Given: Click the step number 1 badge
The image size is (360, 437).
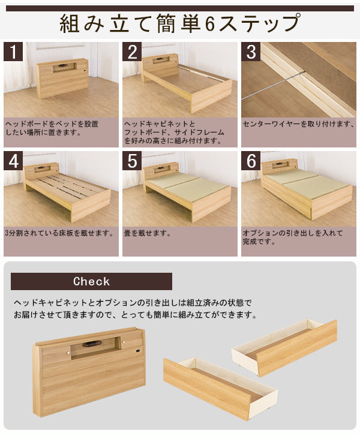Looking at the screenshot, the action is [13, 52].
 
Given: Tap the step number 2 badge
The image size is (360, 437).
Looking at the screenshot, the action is [132, 52].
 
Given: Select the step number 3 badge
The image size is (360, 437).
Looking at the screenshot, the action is [251, 52].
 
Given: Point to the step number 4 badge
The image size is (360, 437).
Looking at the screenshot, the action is [13, 161].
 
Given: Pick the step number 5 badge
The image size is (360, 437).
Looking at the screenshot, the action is [132, 161].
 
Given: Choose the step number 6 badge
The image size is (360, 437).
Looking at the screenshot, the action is [251, 161].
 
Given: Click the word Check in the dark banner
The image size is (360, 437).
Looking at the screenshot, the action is [91, 281].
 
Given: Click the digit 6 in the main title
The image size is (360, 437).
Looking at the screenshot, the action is [210, 25].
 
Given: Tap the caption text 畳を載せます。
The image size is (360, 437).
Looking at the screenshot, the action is [147, 233].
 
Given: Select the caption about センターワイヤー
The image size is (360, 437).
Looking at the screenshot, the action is [298, 124].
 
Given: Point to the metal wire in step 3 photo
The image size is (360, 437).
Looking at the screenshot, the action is [273, 86].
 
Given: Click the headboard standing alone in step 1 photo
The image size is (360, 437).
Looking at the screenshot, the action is [63, 78].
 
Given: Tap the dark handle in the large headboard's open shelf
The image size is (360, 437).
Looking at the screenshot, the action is [90, 344].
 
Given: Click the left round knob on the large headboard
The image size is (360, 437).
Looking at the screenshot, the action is [68, 354].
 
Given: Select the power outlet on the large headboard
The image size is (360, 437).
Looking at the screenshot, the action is [138, 350].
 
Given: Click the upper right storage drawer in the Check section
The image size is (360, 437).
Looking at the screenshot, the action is [284, 347].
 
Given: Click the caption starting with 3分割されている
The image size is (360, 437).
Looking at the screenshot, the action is [59, 233].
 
